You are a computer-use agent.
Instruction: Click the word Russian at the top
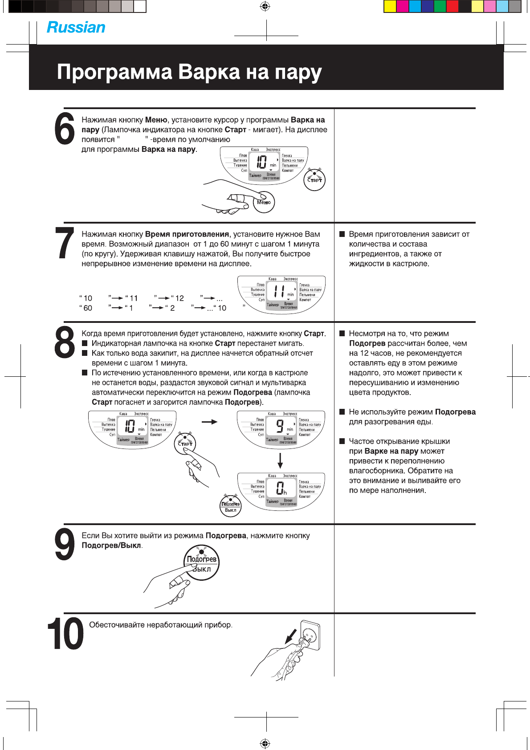click(76, 28)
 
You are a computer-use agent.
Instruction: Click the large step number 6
click(65, 129)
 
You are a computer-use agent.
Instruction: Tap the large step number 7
click(65, 243)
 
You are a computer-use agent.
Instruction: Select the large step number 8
click(65, 342)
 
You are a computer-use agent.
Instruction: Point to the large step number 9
click(65, 544)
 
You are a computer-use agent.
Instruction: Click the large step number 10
click(65, 633)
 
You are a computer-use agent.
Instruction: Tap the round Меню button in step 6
click(264, 202)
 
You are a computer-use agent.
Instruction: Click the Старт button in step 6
click(315, 180)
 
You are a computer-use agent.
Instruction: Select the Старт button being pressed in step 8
click(185, 444)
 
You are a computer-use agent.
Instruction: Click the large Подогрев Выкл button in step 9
click(202, 564)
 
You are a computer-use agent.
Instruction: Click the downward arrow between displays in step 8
click(280, 461)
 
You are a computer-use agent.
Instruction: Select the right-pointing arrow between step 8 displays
click(209, 421)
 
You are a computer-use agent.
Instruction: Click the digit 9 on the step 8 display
click(279, 426)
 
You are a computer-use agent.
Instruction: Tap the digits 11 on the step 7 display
click(279, 291)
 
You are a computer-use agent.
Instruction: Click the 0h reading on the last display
click(281, 488)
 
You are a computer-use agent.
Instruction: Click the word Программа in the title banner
click(114, 72)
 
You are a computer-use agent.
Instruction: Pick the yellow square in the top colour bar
click(390, 6)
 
